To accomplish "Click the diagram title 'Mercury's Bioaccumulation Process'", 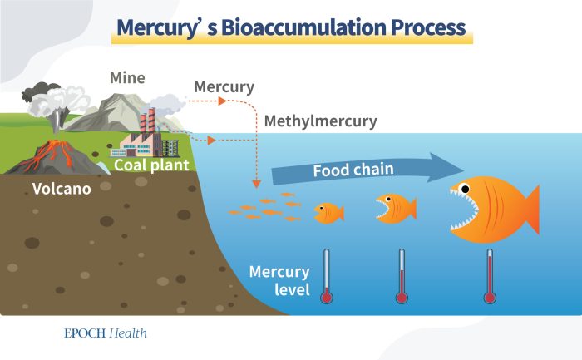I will pyautogui.click(x=291, y=27).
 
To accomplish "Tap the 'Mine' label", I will pyautogui.click(x=127, y=78).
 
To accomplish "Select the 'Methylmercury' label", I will pyautogui.click(x=320, y=121).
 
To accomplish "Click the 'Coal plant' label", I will pyautogui.click(x=153, y=165).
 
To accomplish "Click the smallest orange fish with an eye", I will pyautogui.click(x=329, y=213).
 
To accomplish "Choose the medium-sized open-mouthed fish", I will pyautogui.click(x=392, y=207).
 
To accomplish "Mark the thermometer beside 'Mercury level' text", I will pyautogui.click(x=326, y=277).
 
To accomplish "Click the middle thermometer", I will pyautogui.click(x=401, y=277).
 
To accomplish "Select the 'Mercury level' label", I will pyautogui.click(x=279, y=281).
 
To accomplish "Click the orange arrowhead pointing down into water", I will pyautogui.click(x=258, y=182).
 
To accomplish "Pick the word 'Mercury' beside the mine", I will pyautogui.click(x=224, y=86).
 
